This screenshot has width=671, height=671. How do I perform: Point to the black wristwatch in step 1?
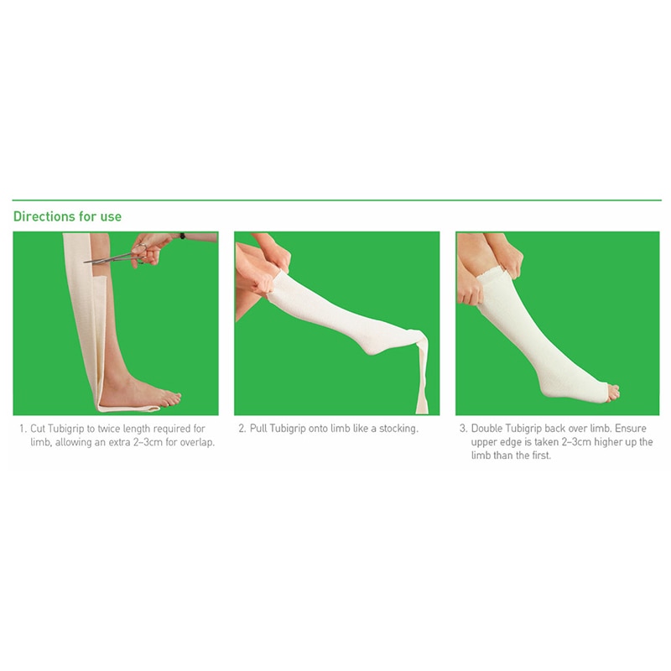tap(182, 237)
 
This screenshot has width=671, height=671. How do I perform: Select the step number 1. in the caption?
tap(23, 429)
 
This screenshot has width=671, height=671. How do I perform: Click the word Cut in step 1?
tap(39, 429)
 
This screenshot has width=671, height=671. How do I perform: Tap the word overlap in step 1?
tap(197, 442)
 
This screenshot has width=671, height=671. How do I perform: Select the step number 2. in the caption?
tap(242, 429)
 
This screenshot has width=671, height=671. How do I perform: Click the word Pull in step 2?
tap(258, 429)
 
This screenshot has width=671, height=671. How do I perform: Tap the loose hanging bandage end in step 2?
tap(419, 377)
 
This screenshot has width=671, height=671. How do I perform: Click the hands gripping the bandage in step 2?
tap(267, 268)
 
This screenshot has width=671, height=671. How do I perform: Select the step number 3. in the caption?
tap(463, 429)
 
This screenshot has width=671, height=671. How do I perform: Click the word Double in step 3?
tap(487, 429)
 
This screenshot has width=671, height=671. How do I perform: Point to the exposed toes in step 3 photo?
tap(612, 391)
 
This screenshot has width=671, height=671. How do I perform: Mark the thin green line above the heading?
tap(335, 200)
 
